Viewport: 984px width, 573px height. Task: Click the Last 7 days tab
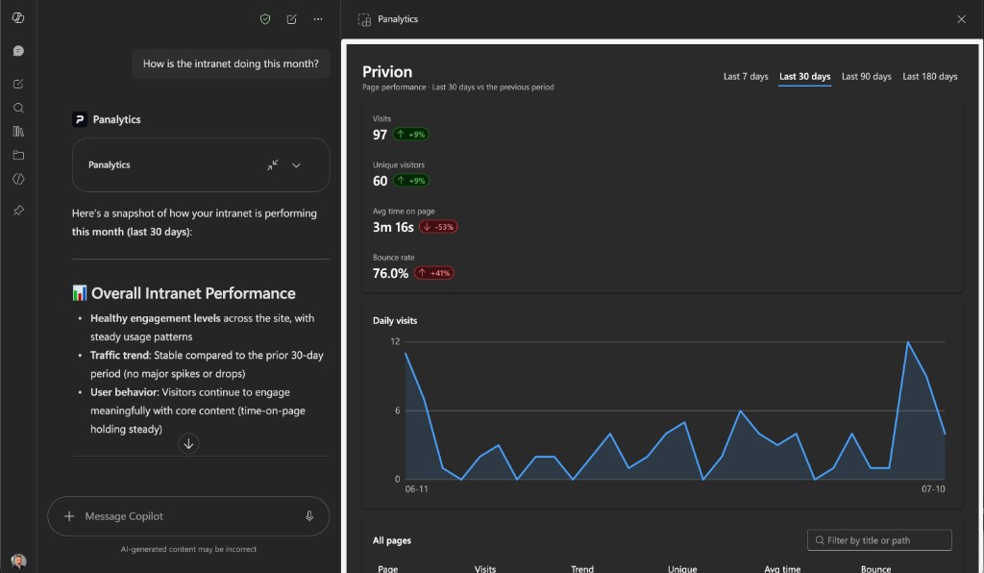pyautogui.click(x=746, y=77)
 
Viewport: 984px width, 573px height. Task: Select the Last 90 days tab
pyautogui.click(x=866, y=77)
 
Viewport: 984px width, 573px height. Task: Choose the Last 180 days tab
pyautogui.click(x=929, y=77)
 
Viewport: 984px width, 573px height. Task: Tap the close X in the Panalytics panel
pyautogui.click(x=961, y=19)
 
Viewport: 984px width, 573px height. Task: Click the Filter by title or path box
pyautogui.click(x=879, y=540)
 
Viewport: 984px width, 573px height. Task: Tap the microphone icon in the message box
pyautogui.click(x=309, y=516)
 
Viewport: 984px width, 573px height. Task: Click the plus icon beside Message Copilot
pyautogui.click(x=69, y=516)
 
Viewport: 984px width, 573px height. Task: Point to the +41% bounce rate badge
pyautogui.click(x=434, y=273)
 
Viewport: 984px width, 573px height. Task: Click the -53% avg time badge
pyautogui.click(x=438, y=227)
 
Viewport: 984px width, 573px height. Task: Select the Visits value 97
pyautogui.click(x=380, y=135)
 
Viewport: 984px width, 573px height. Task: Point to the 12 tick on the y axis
pyautogui.click(x=395, y=341)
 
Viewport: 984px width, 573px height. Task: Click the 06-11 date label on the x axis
pyautogui.click(x=417, y=489)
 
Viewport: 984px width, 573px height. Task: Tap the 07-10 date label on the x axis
pyautogui.click(x=933, y=489)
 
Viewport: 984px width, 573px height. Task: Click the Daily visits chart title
pyautogui.click(x=395, y=321)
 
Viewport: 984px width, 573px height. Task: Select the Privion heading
pyautogui.click(x=387, y=71)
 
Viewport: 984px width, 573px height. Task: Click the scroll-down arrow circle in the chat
pyautogui.click(x=188, y=444)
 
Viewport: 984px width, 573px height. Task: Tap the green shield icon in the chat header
pyautogui.click(x=265, y=19)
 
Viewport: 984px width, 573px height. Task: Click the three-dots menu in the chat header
pyautogui.click(x=318, y=19)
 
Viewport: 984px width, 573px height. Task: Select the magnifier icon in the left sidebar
pyautogui.click(x=18, y=108)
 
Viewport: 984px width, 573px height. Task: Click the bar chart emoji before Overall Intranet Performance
pyautogui.click(x=79, y=293)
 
